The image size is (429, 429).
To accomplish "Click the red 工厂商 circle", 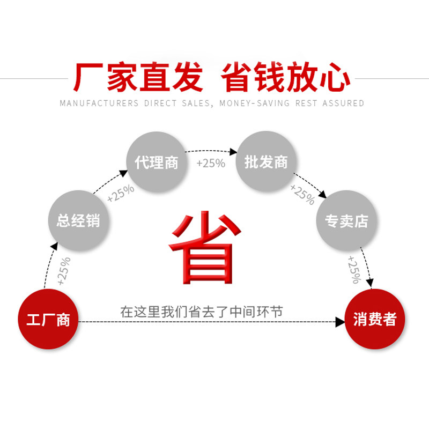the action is (48, 320).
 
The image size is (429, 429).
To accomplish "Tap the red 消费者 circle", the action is (375, 320).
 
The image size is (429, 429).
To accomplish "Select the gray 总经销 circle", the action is (78, 220).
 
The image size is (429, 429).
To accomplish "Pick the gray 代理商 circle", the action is (157, 162).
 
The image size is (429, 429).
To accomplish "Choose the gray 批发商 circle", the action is (266, 162).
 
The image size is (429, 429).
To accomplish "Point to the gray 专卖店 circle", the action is (346, 220).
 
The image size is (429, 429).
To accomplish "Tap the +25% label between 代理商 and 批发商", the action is (211, 163).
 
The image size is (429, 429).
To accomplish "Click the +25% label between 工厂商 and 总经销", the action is (63, 271).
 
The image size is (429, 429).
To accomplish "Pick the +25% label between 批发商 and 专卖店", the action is (302, 194).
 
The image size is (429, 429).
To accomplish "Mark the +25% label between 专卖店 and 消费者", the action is (354, 269).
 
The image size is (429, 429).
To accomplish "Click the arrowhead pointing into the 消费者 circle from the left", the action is (340, 322).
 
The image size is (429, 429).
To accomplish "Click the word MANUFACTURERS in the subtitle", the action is (99, 103).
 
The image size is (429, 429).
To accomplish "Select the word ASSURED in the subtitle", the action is (343, 103).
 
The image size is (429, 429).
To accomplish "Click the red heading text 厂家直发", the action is (138, 78).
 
